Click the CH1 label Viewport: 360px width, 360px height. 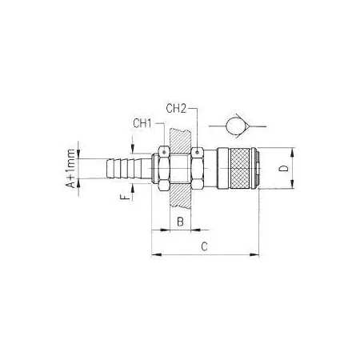pos(142,123)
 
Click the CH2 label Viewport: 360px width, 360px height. pos(176,109)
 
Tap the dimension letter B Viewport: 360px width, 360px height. pos(181,222)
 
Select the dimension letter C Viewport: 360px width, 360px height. pos(204,246)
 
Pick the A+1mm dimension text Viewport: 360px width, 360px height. pos(71,169)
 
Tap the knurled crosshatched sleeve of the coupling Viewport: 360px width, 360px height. pos(240,168)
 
